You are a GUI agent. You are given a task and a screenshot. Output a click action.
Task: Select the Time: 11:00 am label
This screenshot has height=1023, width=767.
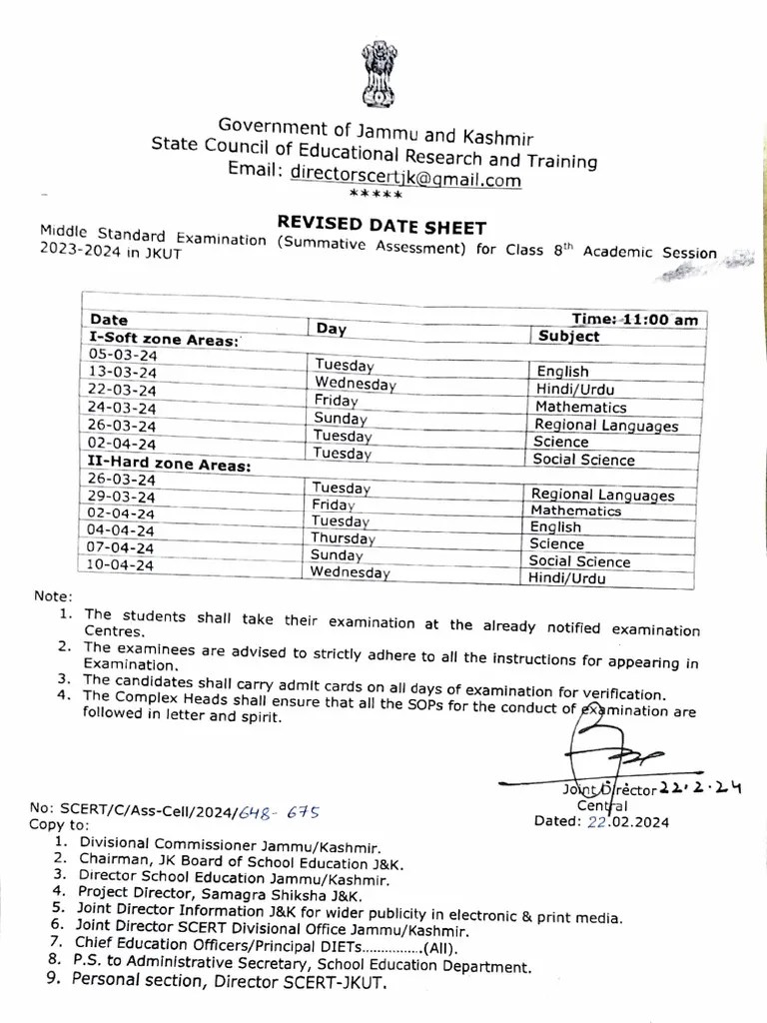pyautogui.click(x=634, y=320)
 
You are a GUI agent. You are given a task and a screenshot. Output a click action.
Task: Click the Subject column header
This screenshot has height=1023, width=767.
pyautogui.click(x=568, y=337)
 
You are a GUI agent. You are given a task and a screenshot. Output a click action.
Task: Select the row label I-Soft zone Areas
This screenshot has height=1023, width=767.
pyautogui.click(x=164, y=339)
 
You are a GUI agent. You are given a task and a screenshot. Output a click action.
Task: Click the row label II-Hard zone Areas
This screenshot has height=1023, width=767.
pyautogui.click(x=169, y=465)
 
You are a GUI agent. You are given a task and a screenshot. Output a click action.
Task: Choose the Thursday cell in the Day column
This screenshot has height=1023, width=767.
pyautogui.click(x=342, y=537)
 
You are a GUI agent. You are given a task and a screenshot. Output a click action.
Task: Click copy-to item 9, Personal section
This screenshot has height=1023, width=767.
pyautogui.click(x=227, y=983)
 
